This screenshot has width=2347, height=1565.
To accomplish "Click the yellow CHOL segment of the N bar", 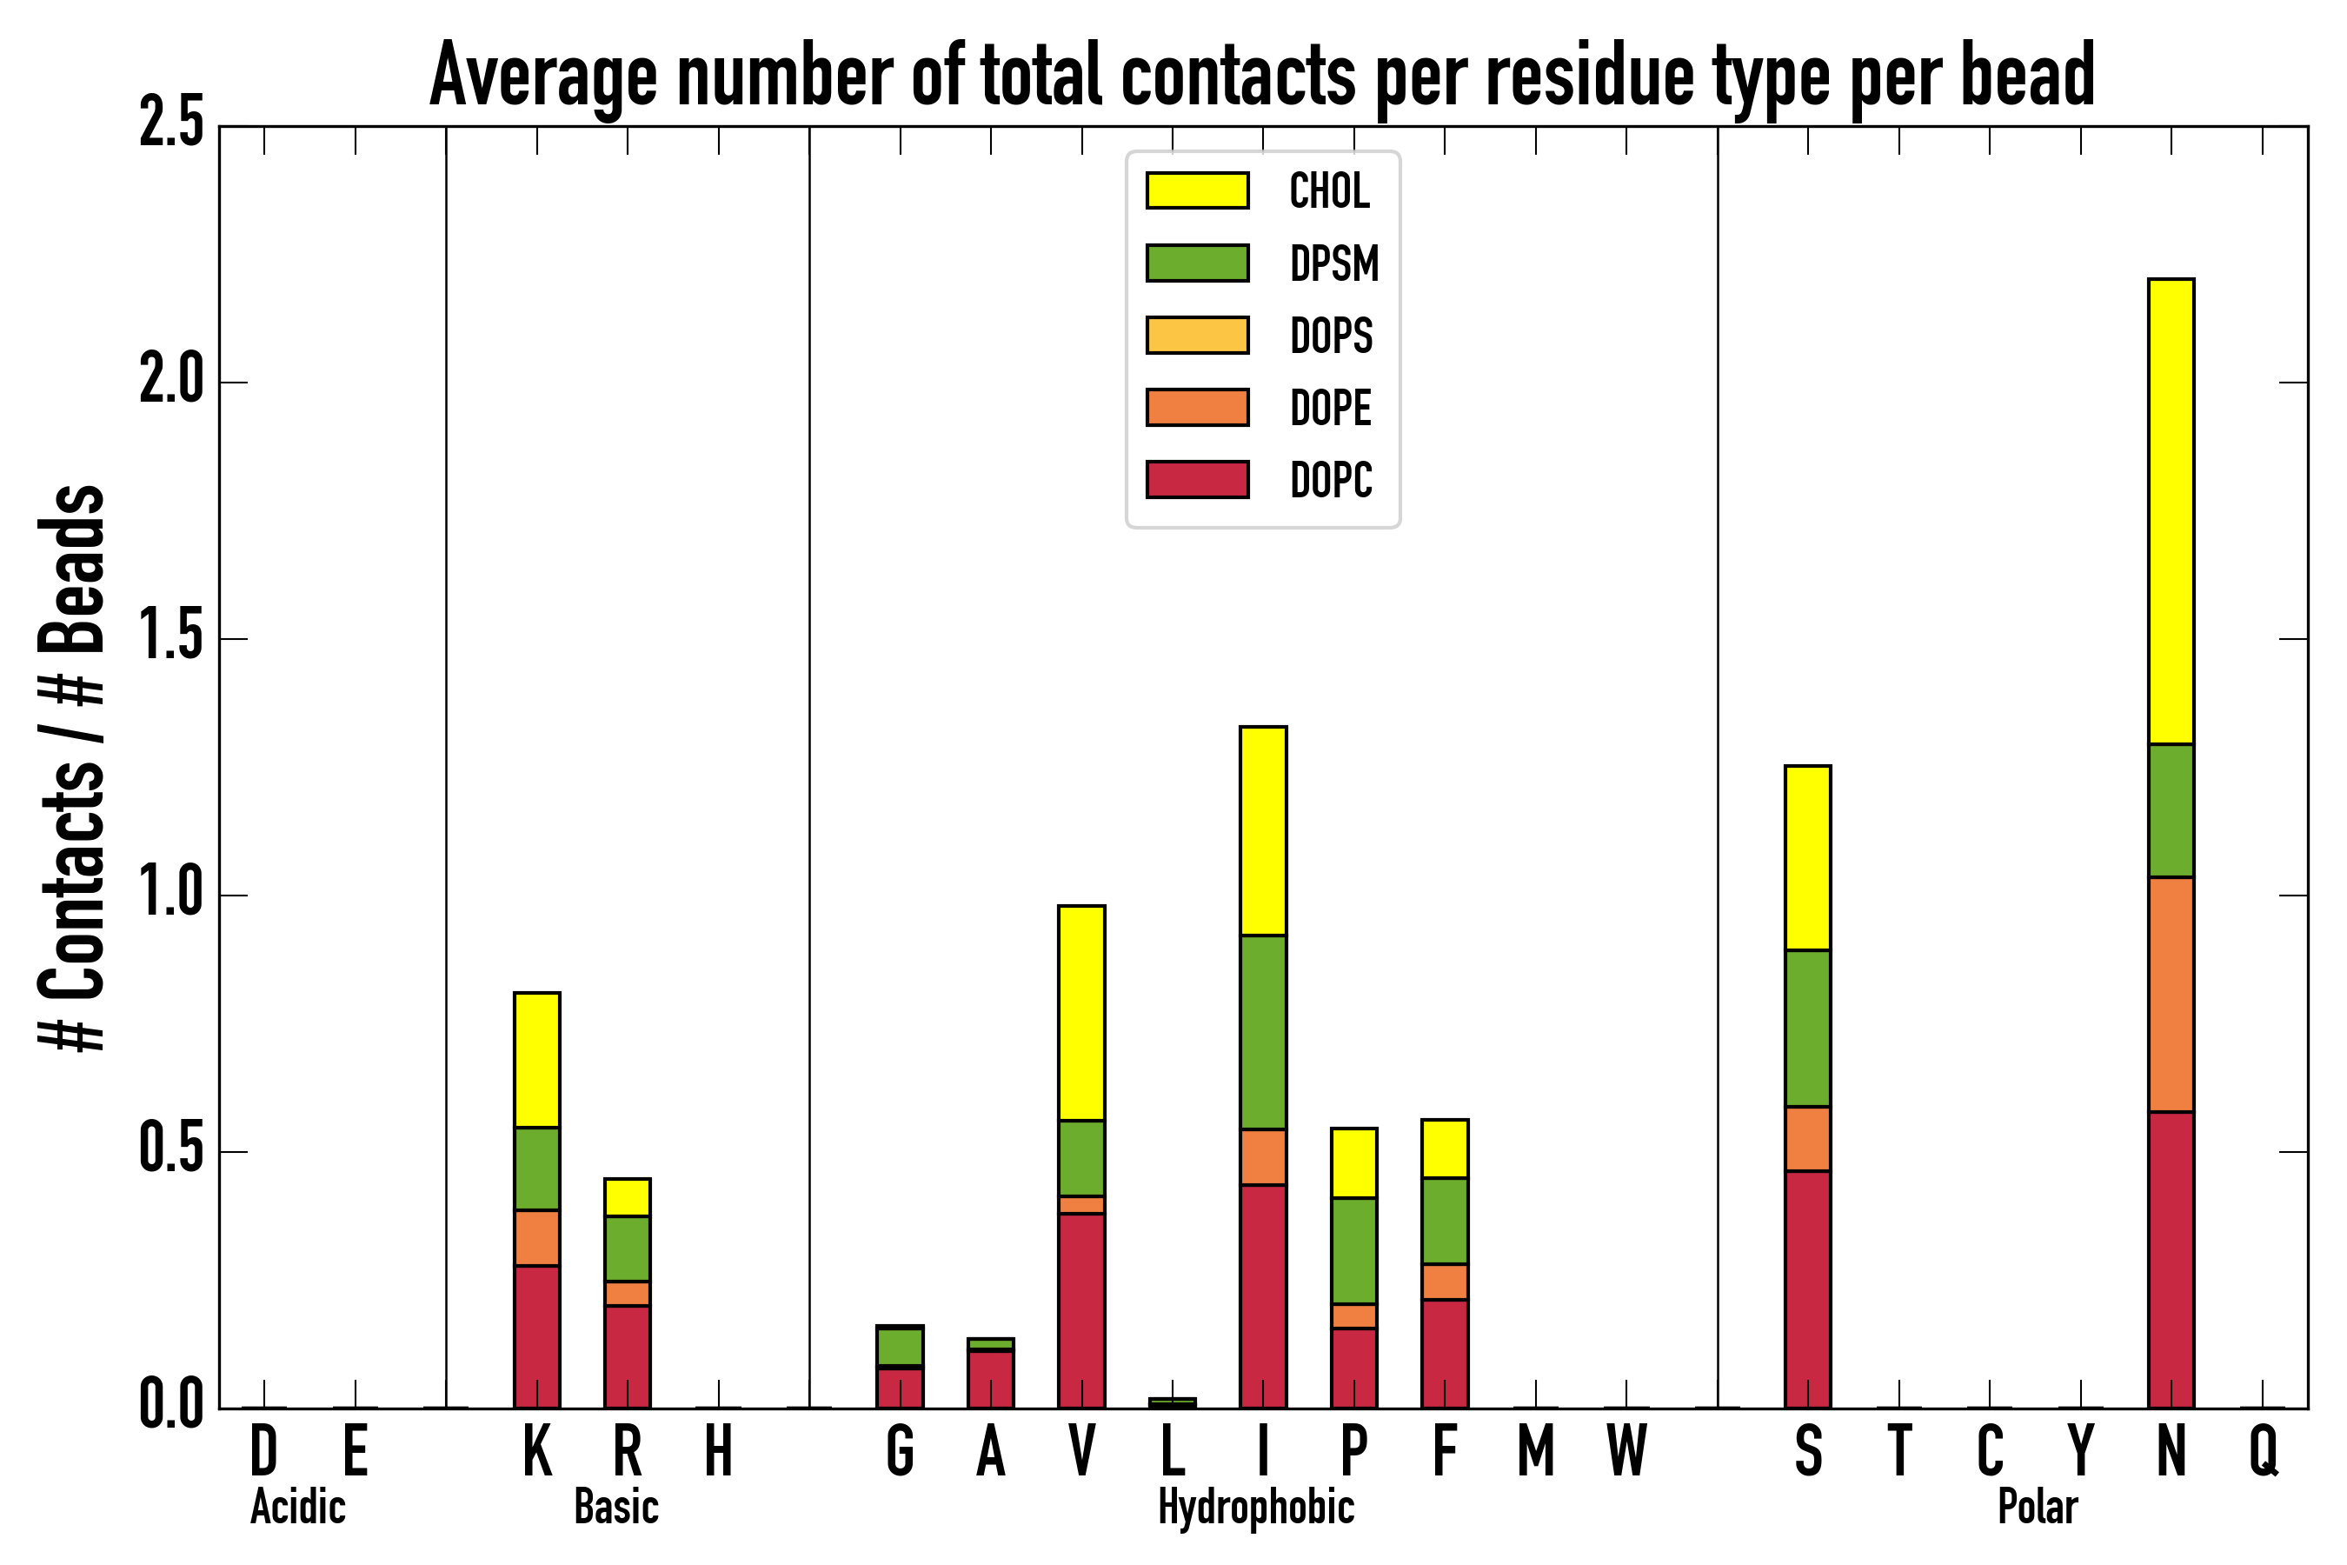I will pos(2171,511).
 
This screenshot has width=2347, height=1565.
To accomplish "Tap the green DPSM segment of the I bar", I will pos(1263,1032).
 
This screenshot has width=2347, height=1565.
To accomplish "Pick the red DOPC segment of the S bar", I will pos(1808,1289).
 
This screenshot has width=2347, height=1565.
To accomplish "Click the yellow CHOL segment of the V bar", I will pos(1081,1013).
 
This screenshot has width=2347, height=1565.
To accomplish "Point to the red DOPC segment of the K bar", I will pos(537,1337).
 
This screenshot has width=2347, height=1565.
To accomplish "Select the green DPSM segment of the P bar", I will pos(1354,1250).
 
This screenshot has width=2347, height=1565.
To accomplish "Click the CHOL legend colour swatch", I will pos(1198,190).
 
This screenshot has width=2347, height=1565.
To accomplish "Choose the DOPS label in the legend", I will pos(1331,336).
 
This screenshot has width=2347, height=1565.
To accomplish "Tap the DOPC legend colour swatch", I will pos(1198,479).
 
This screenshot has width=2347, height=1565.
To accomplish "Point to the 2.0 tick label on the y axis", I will pos(171,382).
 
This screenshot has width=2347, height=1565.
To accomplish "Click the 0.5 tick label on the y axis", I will pos(171,1151).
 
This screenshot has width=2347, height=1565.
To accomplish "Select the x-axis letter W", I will pos(1626,1451).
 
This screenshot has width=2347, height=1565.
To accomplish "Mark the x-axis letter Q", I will pos(2264,1451).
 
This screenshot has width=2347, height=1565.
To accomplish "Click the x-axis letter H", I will pos(719,1451).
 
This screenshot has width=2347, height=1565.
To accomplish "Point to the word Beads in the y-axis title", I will pos(72,569).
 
